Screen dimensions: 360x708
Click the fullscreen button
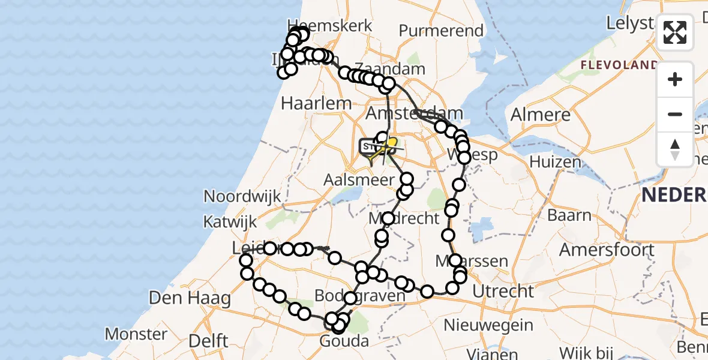tap(675, 32)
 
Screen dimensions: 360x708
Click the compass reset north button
tap(675, 148)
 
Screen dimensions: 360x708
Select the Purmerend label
tap(441, 31)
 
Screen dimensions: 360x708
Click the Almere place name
tap(541, 115)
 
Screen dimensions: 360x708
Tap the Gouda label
tap(345, 341)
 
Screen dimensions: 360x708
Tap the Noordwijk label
tap(242, 196)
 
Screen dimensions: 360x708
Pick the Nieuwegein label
tap(488, 325)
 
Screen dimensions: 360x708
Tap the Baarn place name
tap(569, 215)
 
